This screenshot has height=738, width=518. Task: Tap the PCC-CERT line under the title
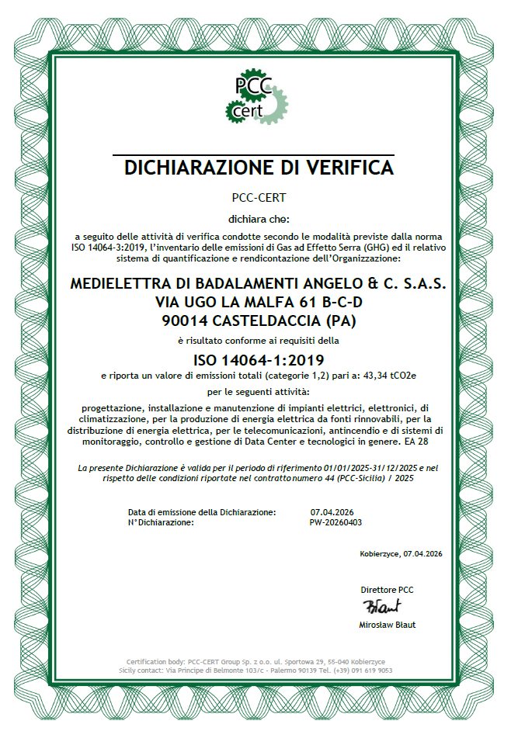coord(259,197)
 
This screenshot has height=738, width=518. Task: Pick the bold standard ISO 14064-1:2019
coord(259,359)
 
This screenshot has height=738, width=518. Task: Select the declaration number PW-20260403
coord(335,522)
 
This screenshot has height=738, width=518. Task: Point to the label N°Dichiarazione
coord(161,522)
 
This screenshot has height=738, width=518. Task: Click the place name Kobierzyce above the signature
coord(379,553)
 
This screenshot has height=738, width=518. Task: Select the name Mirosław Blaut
coord(388,625)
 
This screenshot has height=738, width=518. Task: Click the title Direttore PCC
coord(387,590)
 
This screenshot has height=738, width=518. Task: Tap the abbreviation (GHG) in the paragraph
coord(324,246)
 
